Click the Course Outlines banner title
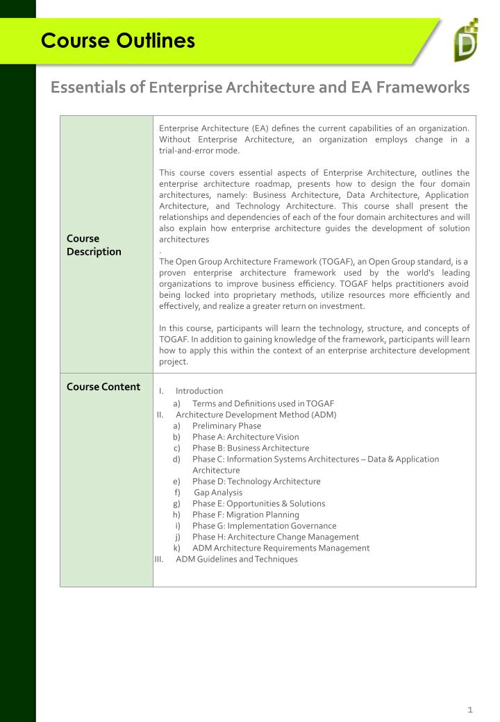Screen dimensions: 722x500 tap(118, 40)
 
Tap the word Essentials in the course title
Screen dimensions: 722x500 tap(98, 87)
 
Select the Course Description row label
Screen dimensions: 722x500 tap(94, 244)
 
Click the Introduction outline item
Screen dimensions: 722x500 tap(199, 391)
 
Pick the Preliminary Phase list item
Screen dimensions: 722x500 tap(227, 426)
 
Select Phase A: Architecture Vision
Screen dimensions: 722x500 tap(246, 437)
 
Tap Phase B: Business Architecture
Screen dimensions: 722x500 tap(251, 448)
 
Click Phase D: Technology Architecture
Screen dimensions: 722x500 tap(256, 481)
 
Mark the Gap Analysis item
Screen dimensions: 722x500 tap(218, 492)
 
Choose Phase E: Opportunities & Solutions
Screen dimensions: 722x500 tap(258, 503)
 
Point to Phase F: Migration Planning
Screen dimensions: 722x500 tap(246, 514)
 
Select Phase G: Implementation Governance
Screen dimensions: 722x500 tap(264, 526)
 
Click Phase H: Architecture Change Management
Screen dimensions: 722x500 tap(276, 537)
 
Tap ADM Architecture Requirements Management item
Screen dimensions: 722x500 tap(281, 548)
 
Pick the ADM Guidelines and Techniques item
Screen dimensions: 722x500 tap(237, 559)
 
